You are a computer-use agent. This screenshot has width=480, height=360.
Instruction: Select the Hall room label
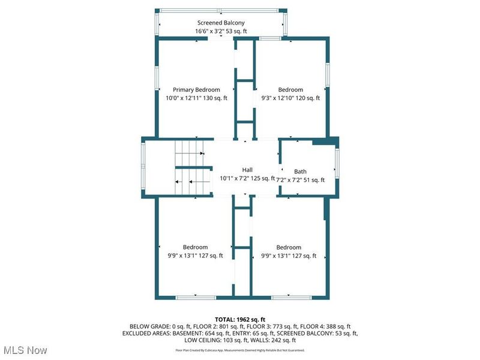pos(247,170)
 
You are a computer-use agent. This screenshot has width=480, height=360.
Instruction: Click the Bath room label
pos(300,172)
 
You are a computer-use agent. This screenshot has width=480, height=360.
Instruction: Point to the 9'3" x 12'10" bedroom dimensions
pos(290,98)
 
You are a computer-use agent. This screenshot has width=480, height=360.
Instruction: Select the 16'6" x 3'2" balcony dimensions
pos(221,31)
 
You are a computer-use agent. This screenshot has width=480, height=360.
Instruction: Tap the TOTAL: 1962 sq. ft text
pos(240,319)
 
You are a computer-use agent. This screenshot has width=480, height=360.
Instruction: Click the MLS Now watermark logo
pos(25,349)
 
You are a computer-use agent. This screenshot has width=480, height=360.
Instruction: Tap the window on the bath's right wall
pos(337,166)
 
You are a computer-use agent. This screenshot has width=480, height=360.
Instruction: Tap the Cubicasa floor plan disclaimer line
pos(240,350)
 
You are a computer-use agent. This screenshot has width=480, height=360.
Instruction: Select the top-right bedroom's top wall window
pos(271,39)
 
